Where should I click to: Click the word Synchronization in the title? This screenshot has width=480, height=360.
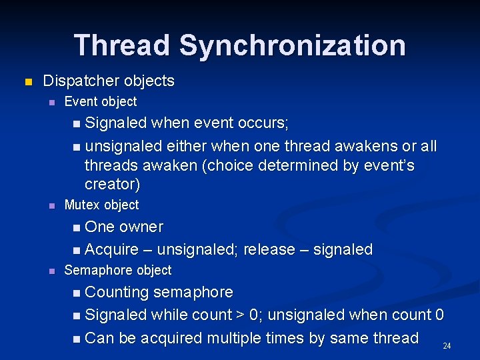[x=292, y=45]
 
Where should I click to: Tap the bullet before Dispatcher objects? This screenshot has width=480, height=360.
[x=27, y=82]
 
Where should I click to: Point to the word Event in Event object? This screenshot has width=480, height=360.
[x=79, y=101]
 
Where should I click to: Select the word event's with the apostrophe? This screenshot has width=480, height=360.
[x=389, y=165]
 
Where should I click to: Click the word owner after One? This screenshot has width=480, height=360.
[x=141, y=227]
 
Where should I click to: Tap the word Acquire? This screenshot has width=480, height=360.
[x=112, y=249]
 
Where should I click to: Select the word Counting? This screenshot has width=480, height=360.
[x=117, y=292]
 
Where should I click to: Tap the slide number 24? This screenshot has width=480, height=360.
[x=447, y=346]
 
